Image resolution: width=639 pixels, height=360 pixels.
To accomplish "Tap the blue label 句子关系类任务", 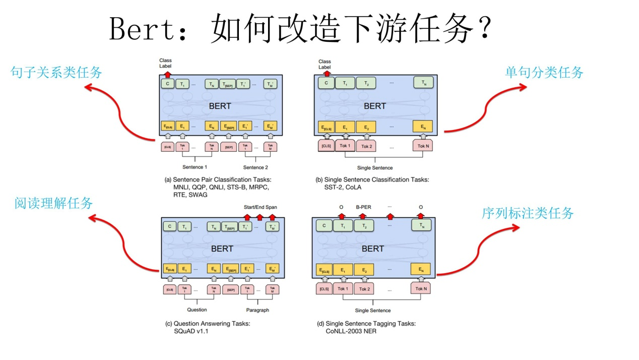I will tap(56, 73).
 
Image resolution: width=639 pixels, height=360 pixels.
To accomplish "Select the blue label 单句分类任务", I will tap(544, 73).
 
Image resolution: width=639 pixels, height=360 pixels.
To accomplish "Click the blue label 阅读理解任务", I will tap(54, 203).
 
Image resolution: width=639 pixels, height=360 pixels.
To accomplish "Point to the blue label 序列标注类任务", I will tap(528, 213).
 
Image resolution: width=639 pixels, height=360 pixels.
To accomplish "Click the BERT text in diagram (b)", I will tap(374, 106).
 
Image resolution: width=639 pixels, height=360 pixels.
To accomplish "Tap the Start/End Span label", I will tap(260, 207).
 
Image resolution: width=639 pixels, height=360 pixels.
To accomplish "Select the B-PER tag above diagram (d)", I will tap(364, 207).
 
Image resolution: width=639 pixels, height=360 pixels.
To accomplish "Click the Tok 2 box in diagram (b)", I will tap(366, 146).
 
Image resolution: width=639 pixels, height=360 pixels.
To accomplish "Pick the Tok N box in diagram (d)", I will tap(421, 289).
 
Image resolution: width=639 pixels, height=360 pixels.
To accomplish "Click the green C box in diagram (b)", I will tap(326, 83).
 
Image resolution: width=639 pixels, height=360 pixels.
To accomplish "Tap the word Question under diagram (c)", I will tap(197, 310).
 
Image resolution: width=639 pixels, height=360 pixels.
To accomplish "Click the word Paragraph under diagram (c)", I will tap(258, 310).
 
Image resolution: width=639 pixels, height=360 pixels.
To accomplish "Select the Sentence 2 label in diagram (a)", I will tap(256, 167).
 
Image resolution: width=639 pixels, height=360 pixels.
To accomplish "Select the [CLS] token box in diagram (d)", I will tap(324, 289).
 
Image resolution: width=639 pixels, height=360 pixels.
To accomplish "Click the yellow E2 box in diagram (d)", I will tap(364, 270).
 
